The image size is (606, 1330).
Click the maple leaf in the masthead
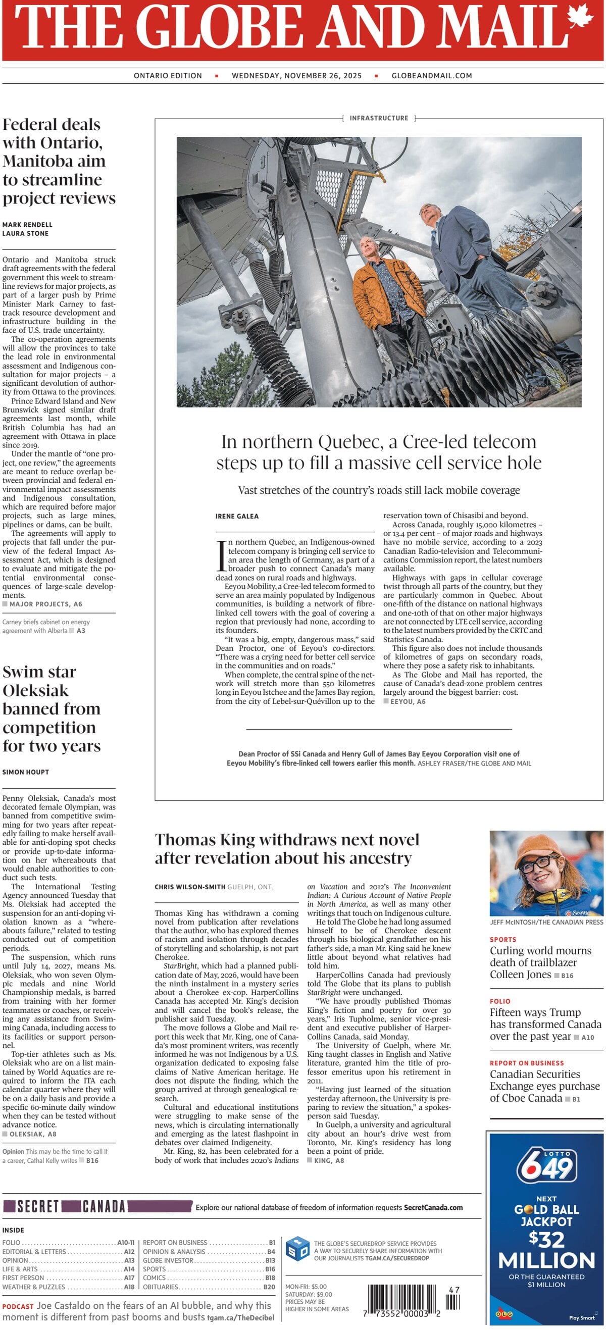[x=581, y=16]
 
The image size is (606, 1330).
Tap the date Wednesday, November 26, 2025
[x=296, y=75]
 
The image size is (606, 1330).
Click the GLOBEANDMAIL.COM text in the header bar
[x=432, y=75]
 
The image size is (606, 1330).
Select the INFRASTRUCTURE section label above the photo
[x=379, y=118]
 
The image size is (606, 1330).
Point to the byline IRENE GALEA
[x=237, y=516]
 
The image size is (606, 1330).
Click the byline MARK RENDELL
[x=27, y=225]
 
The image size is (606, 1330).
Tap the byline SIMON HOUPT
[x=25, y=772]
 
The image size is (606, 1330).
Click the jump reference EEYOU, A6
[x=408, y=701]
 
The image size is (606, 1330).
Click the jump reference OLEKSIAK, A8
[x=32, y=1134]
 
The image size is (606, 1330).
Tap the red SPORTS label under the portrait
[x=503, y=939]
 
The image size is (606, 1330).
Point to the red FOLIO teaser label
[x=499, y=1001]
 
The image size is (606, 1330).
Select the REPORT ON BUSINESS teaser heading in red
[x=527, y=1062]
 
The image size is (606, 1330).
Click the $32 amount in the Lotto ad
[x=546, y=1239]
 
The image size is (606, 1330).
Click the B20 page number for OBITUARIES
[x=269, y=1287]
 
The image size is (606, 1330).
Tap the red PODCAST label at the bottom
[x=18, y=1306]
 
